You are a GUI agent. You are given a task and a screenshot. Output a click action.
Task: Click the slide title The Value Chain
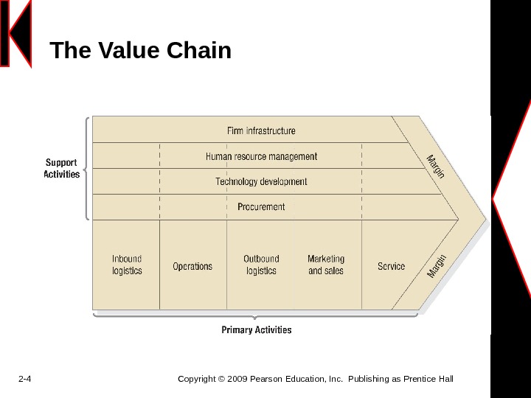(x=140, y=51)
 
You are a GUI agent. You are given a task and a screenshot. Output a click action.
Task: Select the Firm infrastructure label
(x=260, y=130)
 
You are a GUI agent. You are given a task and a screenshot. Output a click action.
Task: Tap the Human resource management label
(x=261, y=156)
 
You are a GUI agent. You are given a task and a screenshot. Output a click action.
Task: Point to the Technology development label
(x=261, y=181)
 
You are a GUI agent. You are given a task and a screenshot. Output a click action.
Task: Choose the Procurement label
(x=261, y=207)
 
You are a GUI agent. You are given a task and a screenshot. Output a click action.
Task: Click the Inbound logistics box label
(x=127, y=265)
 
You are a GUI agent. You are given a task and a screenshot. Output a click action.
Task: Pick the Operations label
(x=192, y=266)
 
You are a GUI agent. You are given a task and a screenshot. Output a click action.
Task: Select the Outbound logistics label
(x=261, y=265)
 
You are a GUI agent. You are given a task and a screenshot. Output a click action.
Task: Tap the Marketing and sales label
(x=326, y=265)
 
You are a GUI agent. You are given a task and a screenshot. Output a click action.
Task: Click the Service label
(x=391, y=266)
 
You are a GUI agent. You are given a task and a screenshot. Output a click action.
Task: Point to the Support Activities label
(x=62, y=169)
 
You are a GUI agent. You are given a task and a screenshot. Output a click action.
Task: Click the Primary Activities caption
(x=257, y=330)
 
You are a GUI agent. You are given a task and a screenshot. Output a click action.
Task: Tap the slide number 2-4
(x=24, y=380)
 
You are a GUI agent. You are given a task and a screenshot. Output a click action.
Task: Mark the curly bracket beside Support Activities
(x=88, y=168)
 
